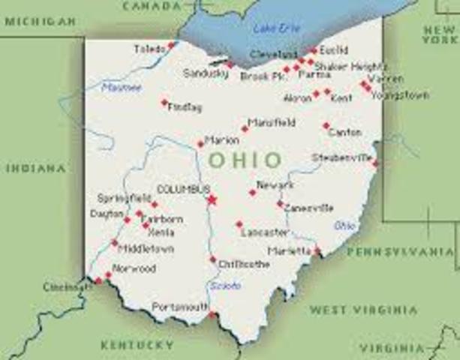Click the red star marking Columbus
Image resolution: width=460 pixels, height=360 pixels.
point(212,199)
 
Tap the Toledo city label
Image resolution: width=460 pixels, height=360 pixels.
point(149,49)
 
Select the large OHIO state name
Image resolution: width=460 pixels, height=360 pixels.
point(245,160)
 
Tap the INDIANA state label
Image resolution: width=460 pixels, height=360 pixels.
point(35,169)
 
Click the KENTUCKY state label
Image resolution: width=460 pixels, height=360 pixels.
point(137,345)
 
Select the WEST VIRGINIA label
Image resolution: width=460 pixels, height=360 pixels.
point(364,309)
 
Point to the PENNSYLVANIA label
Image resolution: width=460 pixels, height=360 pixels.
point(402,250)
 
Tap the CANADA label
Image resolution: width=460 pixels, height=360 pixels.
point(152,6)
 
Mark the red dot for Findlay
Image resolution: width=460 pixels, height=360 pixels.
point(164,102)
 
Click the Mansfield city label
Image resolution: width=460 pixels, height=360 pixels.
point(272,122)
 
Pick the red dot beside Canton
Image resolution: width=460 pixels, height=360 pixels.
point(326,126)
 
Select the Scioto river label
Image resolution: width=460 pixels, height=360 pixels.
point(225,286)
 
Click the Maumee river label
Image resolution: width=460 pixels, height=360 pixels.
point(121,88)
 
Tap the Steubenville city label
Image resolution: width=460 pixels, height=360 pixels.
point(341,157)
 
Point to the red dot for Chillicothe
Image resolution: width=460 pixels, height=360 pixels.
point(213,259)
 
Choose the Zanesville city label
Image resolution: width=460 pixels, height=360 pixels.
point(308,208)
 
